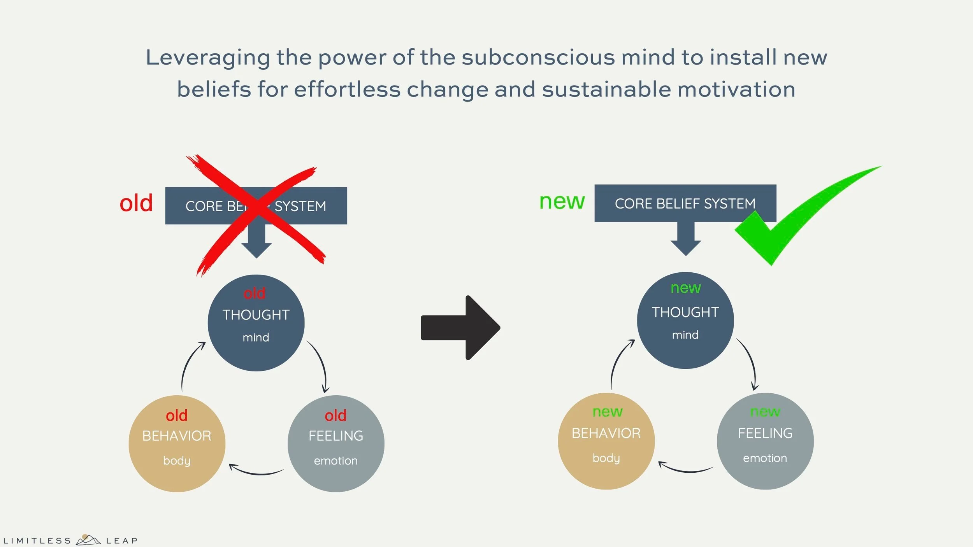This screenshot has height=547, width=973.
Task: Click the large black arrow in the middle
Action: click(461, 328)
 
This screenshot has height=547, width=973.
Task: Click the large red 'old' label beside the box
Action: click(136, 203)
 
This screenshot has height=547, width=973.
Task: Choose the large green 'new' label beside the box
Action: click(562, 202)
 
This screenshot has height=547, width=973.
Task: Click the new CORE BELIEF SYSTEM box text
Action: click(685, 203)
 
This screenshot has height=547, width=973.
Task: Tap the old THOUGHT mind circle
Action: click(256, 323)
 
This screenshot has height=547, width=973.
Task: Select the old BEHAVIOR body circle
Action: click(177, 444)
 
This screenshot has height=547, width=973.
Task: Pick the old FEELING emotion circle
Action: click(336, 444)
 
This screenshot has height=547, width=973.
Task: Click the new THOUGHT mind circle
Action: click(685, 320)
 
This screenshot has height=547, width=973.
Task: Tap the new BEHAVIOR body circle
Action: click(606, 441)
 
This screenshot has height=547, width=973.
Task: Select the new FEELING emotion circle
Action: click(765, 441)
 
